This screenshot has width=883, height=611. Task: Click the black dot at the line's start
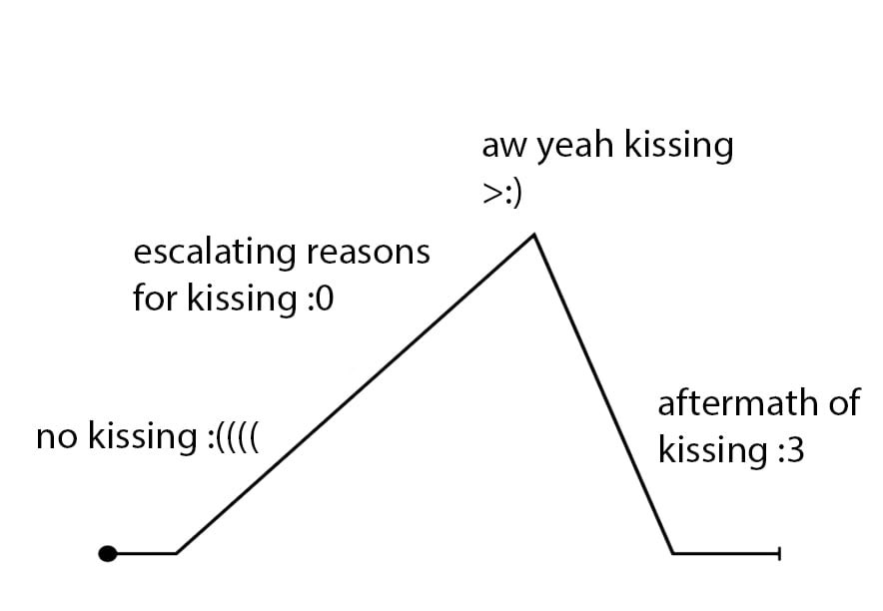tap(108, 552)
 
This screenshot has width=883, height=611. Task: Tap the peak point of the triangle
tap(535, 236)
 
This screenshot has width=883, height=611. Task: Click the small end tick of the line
tap(779, 552)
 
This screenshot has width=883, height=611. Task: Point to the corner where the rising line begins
tap(177, 552)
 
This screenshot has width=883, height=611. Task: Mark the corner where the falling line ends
tap(672, 552)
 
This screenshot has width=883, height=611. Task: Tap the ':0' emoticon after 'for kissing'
tap(318, 299)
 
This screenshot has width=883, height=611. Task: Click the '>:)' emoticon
tap(502, 193)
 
